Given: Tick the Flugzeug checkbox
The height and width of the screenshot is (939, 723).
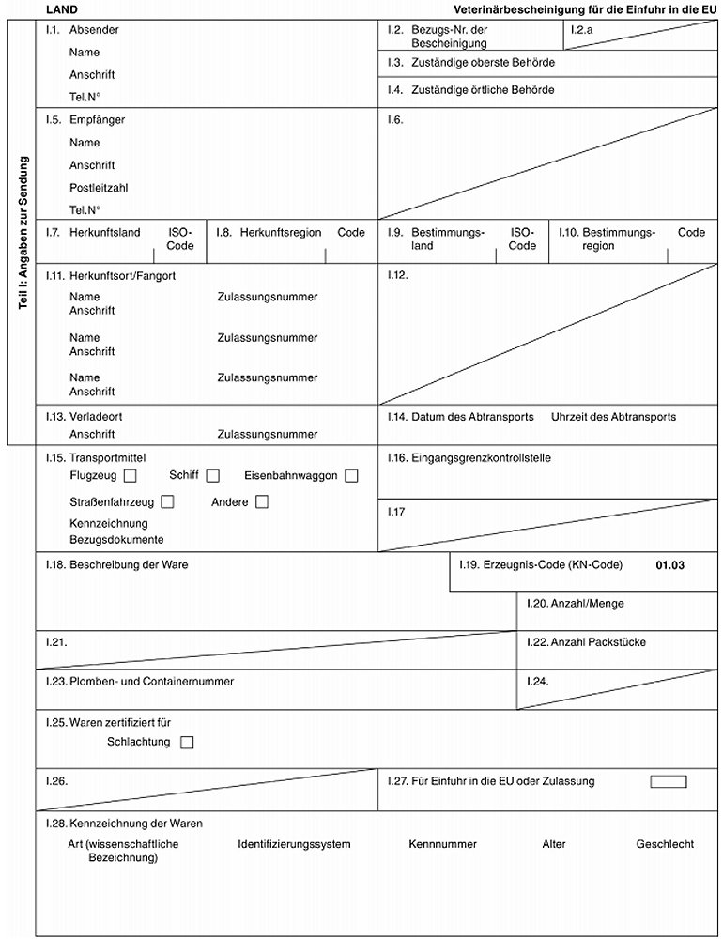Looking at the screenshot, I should click(x=130, y=476).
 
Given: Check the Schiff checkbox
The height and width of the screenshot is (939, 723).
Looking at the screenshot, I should click(x=213, y=476).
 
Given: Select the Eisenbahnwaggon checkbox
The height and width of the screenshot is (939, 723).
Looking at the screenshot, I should click(x=351, y=476).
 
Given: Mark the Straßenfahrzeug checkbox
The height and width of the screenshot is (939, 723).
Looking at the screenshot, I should click(x=182, y=502).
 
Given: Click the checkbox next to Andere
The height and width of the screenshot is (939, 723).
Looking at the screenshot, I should click(x=262, y=502).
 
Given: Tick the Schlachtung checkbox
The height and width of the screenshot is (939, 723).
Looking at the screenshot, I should click(x=186, y=743).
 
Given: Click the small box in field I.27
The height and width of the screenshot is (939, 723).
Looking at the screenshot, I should click(x=668, y=781).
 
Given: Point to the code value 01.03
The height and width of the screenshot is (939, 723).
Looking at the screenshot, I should click(x=670, y=565).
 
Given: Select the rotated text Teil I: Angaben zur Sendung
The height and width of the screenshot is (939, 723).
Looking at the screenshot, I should click(x=23, y=239).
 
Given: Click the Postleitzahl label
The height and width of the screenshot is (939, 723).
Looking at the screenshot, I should click(x=99, y=188).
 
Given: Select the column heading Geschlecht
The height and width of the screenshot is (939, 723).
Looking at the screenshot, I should click(x=665, y=845).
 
